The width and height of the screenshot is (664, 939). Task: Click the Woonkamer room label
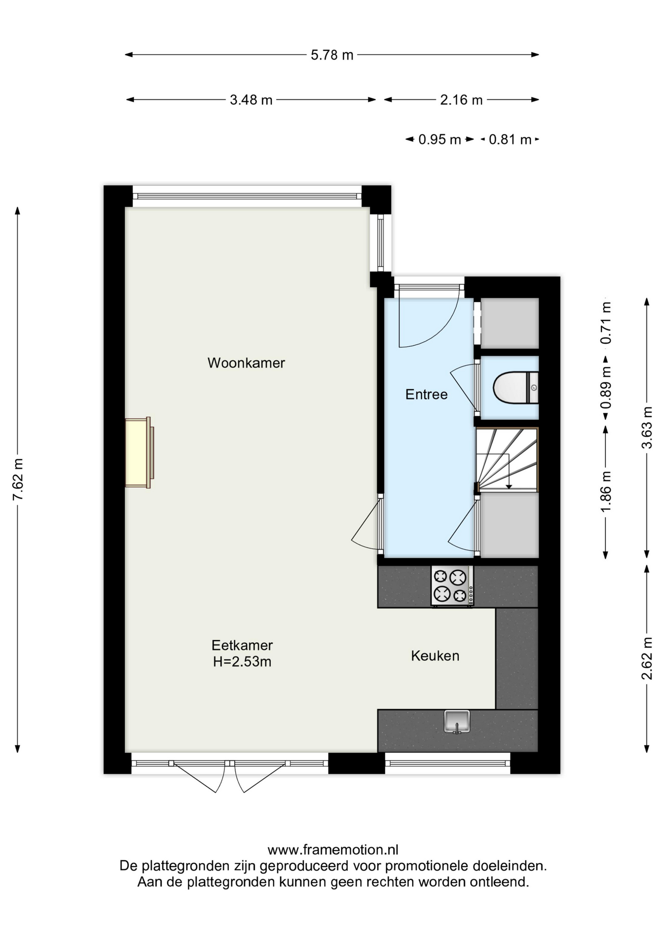pos(246,363)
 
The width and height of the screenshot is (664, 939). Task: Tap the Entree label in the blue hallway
pos(426,394)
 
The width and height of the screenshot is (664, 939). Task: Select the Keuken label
pos(435,656)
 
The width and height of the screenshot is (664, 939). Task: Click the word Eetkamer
pos(242,645)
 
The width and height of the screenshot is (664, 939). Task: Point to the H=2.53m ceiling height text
pos(242,662)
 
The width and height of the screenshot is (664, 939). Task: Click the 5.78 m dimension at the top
pos(332,55)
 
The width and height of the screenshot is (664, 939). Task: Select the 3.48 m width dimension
pos(251,100)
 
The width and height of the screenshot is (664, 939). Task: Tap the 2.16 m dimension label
pos(461,100)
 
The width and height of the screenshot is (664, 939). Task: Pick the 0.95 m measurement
pos(440,140)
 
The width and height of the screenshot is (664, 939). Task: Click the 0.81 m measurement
pos(510,140)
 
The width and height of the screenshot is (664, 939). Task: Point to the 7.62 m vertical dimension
pos(18,479)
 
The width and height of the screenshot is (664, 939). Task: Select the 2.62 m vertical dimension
pos(647,658)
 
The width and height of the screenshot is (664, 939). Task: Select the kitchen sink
pos(457,722)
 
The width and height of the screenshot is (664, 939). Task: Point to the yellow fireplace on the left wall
pos(139,452)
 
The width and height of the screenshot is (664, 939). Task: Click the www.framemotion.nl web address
pos(333,850)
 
